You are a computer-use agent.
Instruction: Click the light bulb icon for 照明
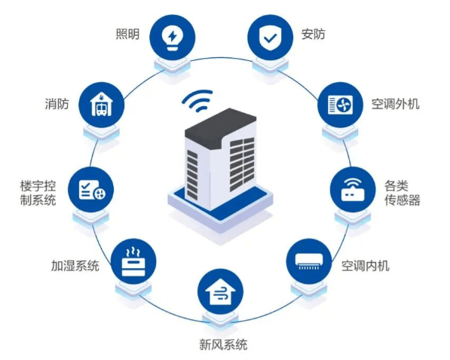coord(172,38)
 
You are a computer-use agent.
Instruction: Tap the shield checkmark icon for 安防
coord(270,38)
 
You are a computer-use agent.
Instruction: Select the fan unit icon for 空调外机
coord(340,105)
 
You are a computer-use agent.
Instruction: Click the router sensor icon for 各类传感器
coord(353,190)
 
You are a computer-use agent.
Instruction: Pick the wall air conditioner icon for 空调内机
coord(309,261)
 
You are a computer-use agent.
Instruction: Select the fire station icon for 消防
coord(102,105)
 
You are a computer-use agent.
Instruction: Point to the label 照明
coord(127,34)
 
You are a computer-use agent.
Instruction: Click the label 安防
coord(313,34)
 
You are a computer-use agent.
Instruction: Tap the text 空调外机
coord(395,104)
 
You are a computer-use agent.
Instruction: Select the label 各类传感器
coord(402,194)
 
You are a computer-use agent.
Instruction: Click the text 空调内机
coord(366,266)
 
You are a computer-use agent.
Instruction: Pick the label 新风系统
coord(223,344)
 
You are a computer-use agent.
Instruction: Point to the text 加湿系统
coord(75,266)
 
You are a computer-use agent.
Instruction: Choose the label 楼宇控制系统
coord(38,194)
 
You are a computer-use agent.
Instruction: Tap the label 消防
coord(57,104)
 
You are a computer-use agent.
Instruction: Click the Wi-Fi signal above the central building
coord(197,101)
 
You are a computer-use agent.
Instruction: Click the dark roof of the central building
coord(220,127)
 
